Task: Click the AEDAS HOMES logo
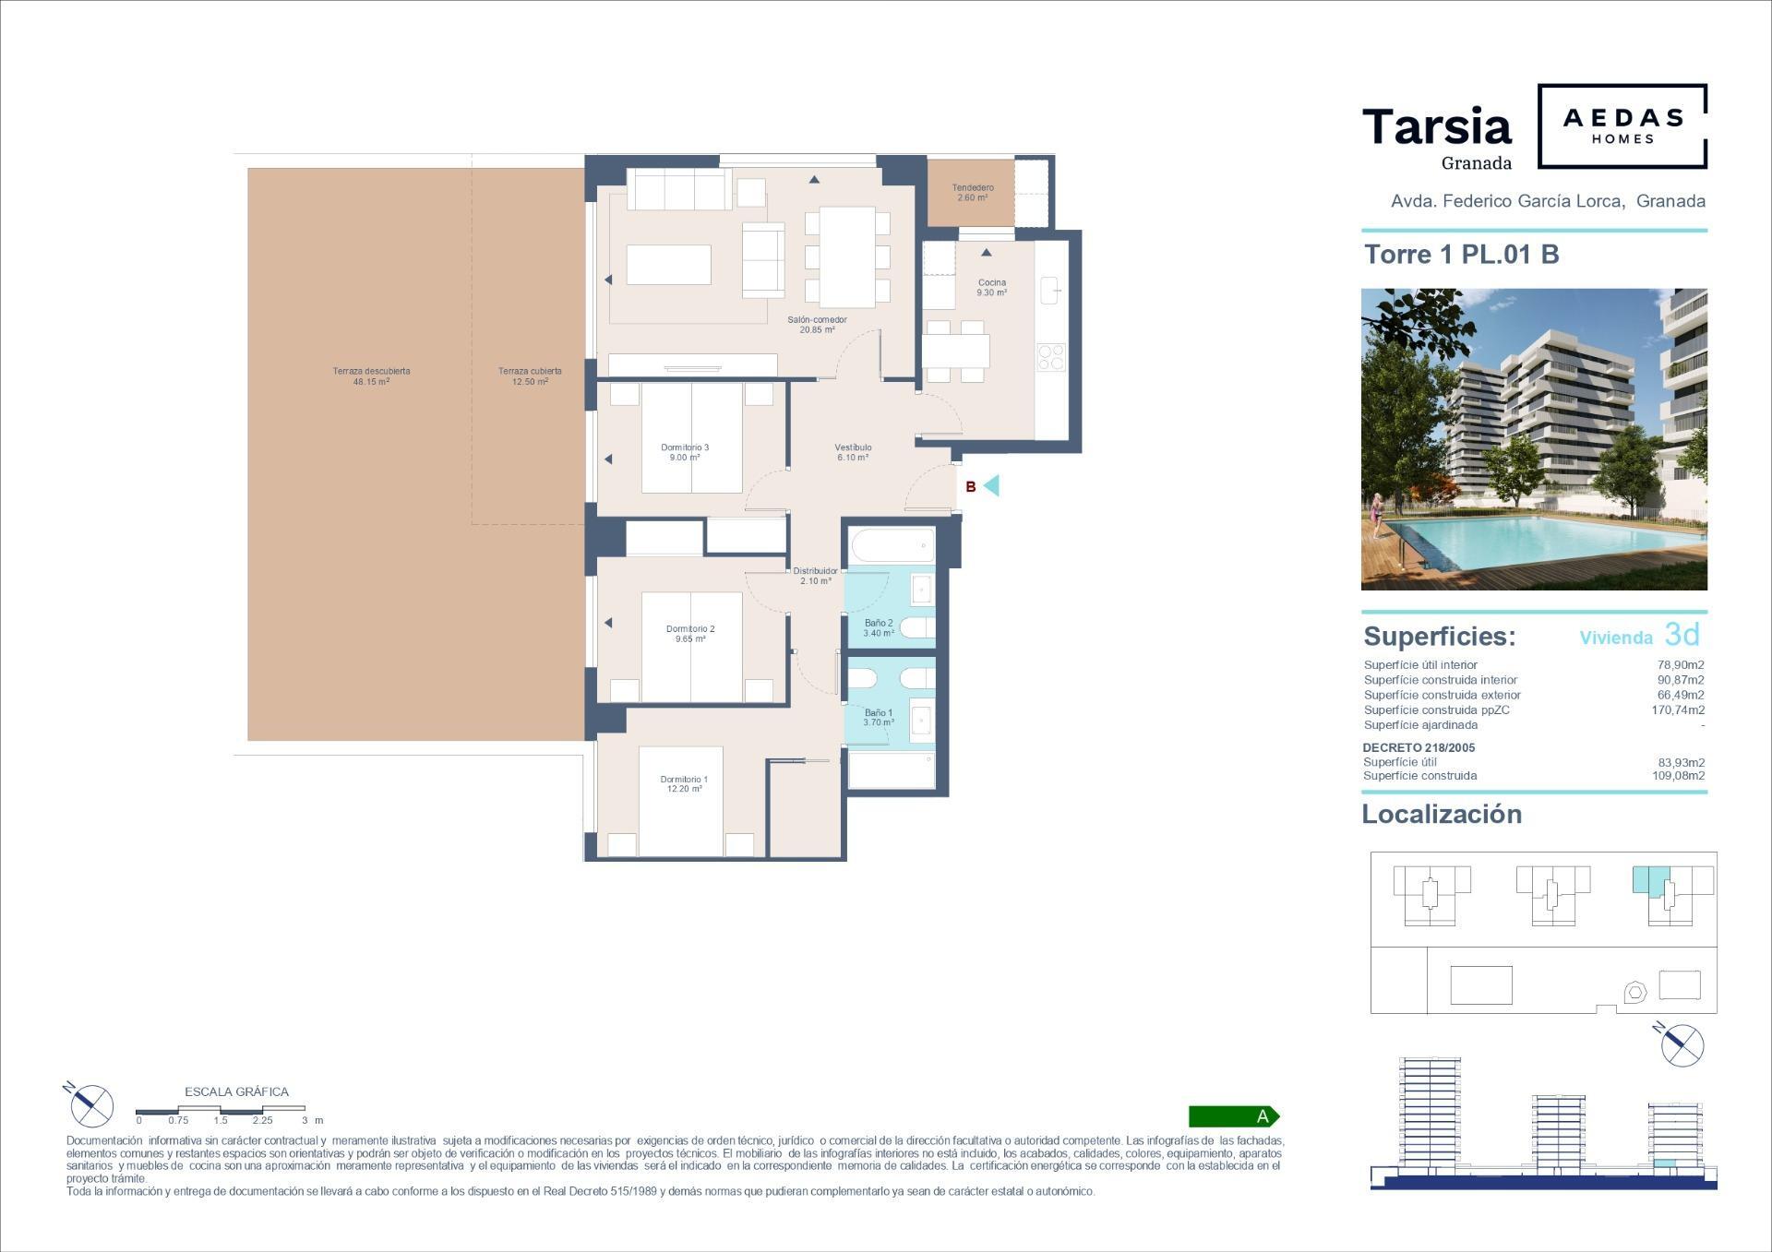point(1622,126)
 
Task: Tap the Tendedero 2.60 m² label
point(973,193)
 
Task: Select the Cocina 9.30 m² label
point(992,288)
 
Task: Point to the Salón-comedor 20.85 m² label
point(817,325)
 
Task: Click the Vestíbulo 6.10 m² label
point(853,452)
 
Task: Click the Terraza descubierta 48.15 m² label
point(371,376)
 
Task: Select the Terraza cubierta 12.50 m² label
point(530,376)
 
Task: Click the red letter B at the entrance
point(971,487)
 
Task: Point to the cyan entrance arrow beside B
point(991,485)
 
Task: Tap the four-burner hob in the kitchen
point(1051,356)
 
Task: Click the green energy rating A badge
point(1234,1116)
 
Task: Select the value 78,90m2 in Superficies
point(1681,664)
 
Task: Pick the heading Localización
point(1442,814)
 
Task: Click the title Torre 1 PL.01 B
point(1462,254)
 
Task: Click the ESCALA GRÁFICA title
point(237,1091)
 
